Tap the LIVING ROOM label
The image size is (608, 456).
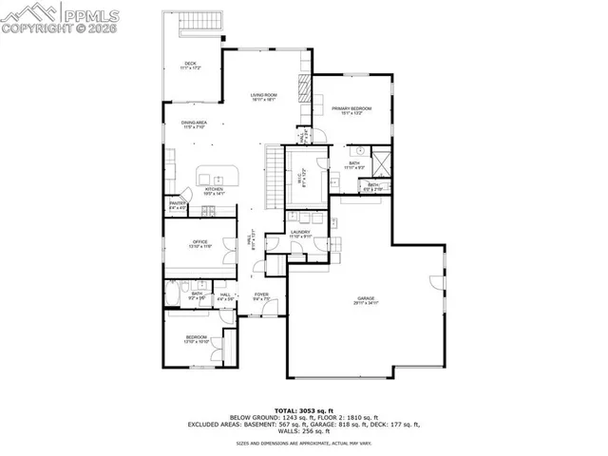(x=263, y=97)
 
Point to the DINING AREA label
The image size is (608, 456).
(x=194, y=124)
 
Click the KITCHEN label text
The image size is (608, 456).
(x=214, y=191)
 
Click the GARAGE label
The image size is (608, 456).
(x=366, y=301)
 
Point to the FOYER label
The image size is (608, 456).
(x=261, y=296)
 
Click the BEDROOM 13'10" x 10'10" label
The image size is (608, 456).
(x=196, y=339)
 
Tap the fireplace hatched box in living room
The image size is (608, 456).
(x=305, y=89)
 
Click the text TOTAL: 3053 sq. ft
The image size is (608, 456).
(x=304, y=409)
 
